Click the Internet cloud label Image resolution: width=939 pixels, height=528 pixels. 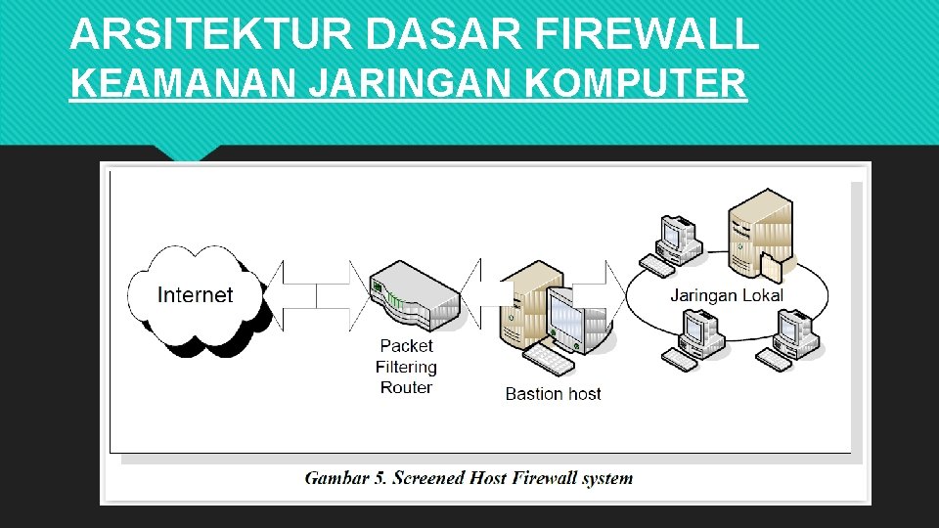pos(195,294)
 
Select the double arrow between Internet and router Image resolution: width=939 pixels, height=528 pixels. pos(316,294)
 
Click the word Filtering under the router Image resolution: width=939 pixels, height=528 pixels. pos(406,367)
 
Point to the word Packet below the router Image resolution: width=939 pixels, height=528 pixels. pos(406,345)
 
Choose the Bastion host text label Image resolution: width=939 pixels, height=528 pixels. pos(553,394)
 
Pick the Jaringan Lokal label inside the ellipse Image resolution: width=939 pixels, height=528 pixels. pos(727,295)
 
